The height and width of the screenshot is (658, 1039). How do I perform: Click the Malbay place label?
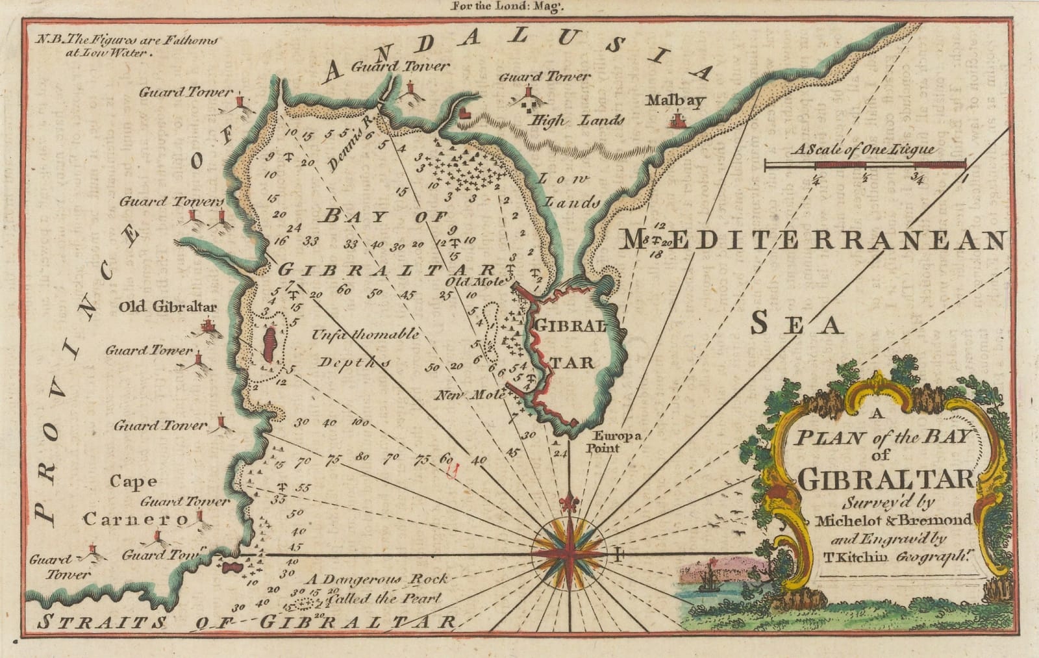click(675, 101)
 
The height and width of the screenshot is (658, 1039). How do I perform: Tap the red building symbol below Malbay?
click(678, 121)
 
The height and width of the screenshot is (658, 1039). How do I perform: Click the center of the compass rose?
click(570, 553)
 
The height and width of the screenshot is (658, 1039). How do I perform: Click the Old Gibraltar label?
click(168, 306)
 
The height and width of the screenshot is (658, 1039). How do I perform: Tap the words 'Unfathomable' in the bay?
click(365, 335)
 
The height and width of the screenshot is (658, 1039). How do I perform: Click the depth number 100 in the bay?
click(360, 423)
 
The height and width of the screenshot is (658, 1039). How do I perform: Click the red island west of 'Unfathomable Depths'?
click(268, 345)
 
